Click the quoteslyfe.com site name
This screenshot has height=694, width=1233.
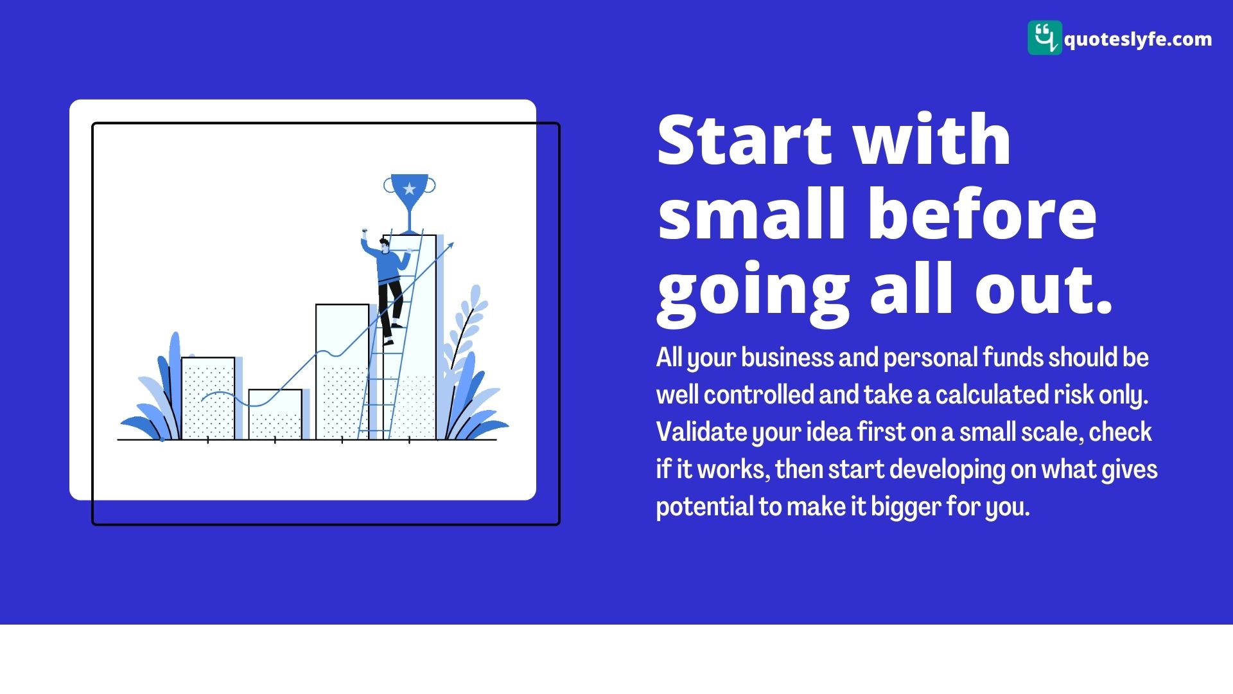(1138, 39)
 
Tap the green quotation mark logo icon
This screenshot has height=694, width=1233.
(1044, 37)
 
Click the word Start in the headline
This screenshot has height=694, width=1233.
(744, 139)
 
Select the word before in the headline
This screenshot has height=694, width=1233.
(983, 213)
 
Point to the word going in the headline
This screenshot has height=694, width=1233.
(753, 293)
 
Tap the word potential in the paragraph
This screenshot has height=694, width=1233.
(704, 507)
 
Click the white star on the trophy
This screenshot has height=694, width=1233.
(410, 189)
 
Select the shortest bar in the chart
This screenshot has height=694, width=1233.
(275, 414)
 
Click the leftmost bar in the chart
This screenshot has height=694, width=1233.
(208, 398)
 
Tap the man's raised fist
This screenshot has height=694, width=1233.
(364, 231)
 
